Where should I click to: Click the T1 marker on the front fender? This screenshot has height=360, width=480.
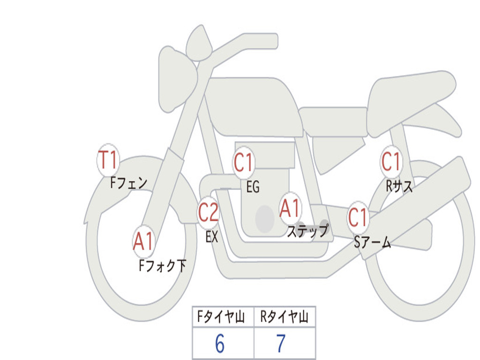(x=108, y=160)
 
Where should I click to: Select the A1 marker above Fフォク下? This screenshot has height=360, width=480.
(x=143, y=241)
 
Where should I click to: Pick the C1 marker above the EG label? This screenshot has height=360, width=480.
(x=244, y=163)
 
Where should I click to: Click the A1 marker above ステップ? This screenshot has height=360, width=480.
(x=290, y=208)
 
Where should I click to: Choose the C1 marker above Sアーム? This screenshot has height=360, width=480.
(x=358, y=217)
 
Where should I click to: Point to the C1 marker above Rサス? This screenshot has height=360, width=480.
(x=391, y=162)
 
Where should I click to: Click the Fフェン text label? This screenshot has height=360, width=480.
(x=129, y=182)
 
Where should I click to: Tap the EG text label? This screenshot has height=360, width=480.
(x=253, y=187)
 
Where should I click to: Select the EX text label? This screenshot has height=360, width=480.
(x=212, y=237)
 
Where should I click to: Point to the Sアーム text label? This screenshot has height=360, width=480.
(x=373, y=243)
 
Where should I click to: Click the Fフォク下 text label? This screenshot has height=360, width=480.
(x=162, y=266)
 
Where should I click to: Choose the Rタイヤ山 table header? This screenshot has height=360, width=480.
(x=285, y=318)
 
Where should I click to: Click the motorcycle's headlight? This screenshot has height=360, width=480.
(x=176, y=77)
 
